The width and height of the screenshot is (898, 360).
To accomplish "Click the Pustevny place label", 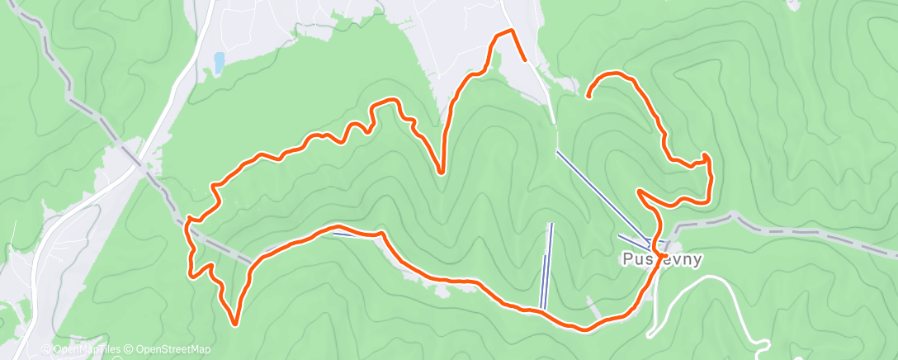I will (x=662, y=259).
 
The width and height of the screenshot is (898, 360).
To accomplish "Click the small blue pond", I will (x=219, y=62).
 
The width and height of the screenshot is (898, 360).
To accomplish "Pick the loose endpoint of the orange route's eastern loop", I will (x=588, y=97).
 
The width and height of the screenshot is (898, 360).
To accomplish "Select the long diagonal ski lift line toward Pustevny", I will (x=603, y=197).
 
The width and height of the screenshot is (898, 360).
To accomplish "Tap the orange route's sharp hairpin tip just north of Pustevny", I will (x=640, y=192).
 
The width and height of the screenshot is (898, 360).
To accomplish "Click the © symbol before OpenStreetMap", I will (x=129, y=349).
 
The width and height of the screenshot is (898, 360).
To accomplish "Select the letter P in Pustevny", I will (x=626, y=259).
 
